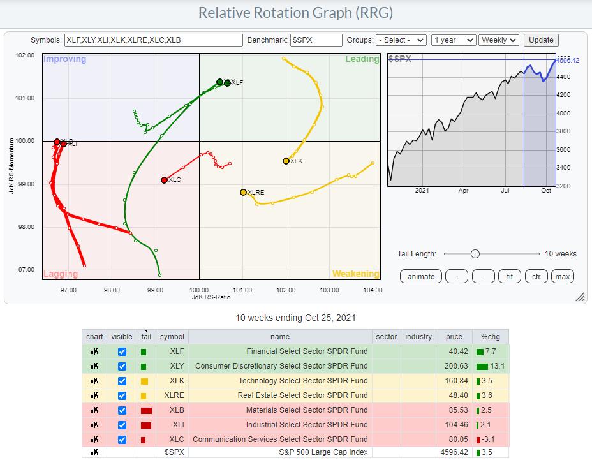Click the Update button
[541, 40]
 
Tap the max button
[562, 276]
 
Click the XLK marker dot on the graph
[286, 161]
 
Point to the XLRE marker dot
[243, 192]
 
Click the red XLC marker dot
[165, 180]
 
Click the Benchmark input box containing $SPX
[316, 40]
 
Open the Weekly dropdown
[499, 40]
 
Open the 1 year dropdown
[454, 40]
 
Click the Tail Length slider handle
[475, 254]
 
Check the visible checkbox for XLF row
[122, 351]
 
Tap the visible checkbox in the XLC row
[122, 439]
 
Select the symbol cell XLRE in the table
[172, 395]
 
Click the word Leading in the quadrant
[362, 59]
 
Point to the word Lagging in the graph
[61, 274]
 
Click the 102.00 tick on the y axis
[26, 55]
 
